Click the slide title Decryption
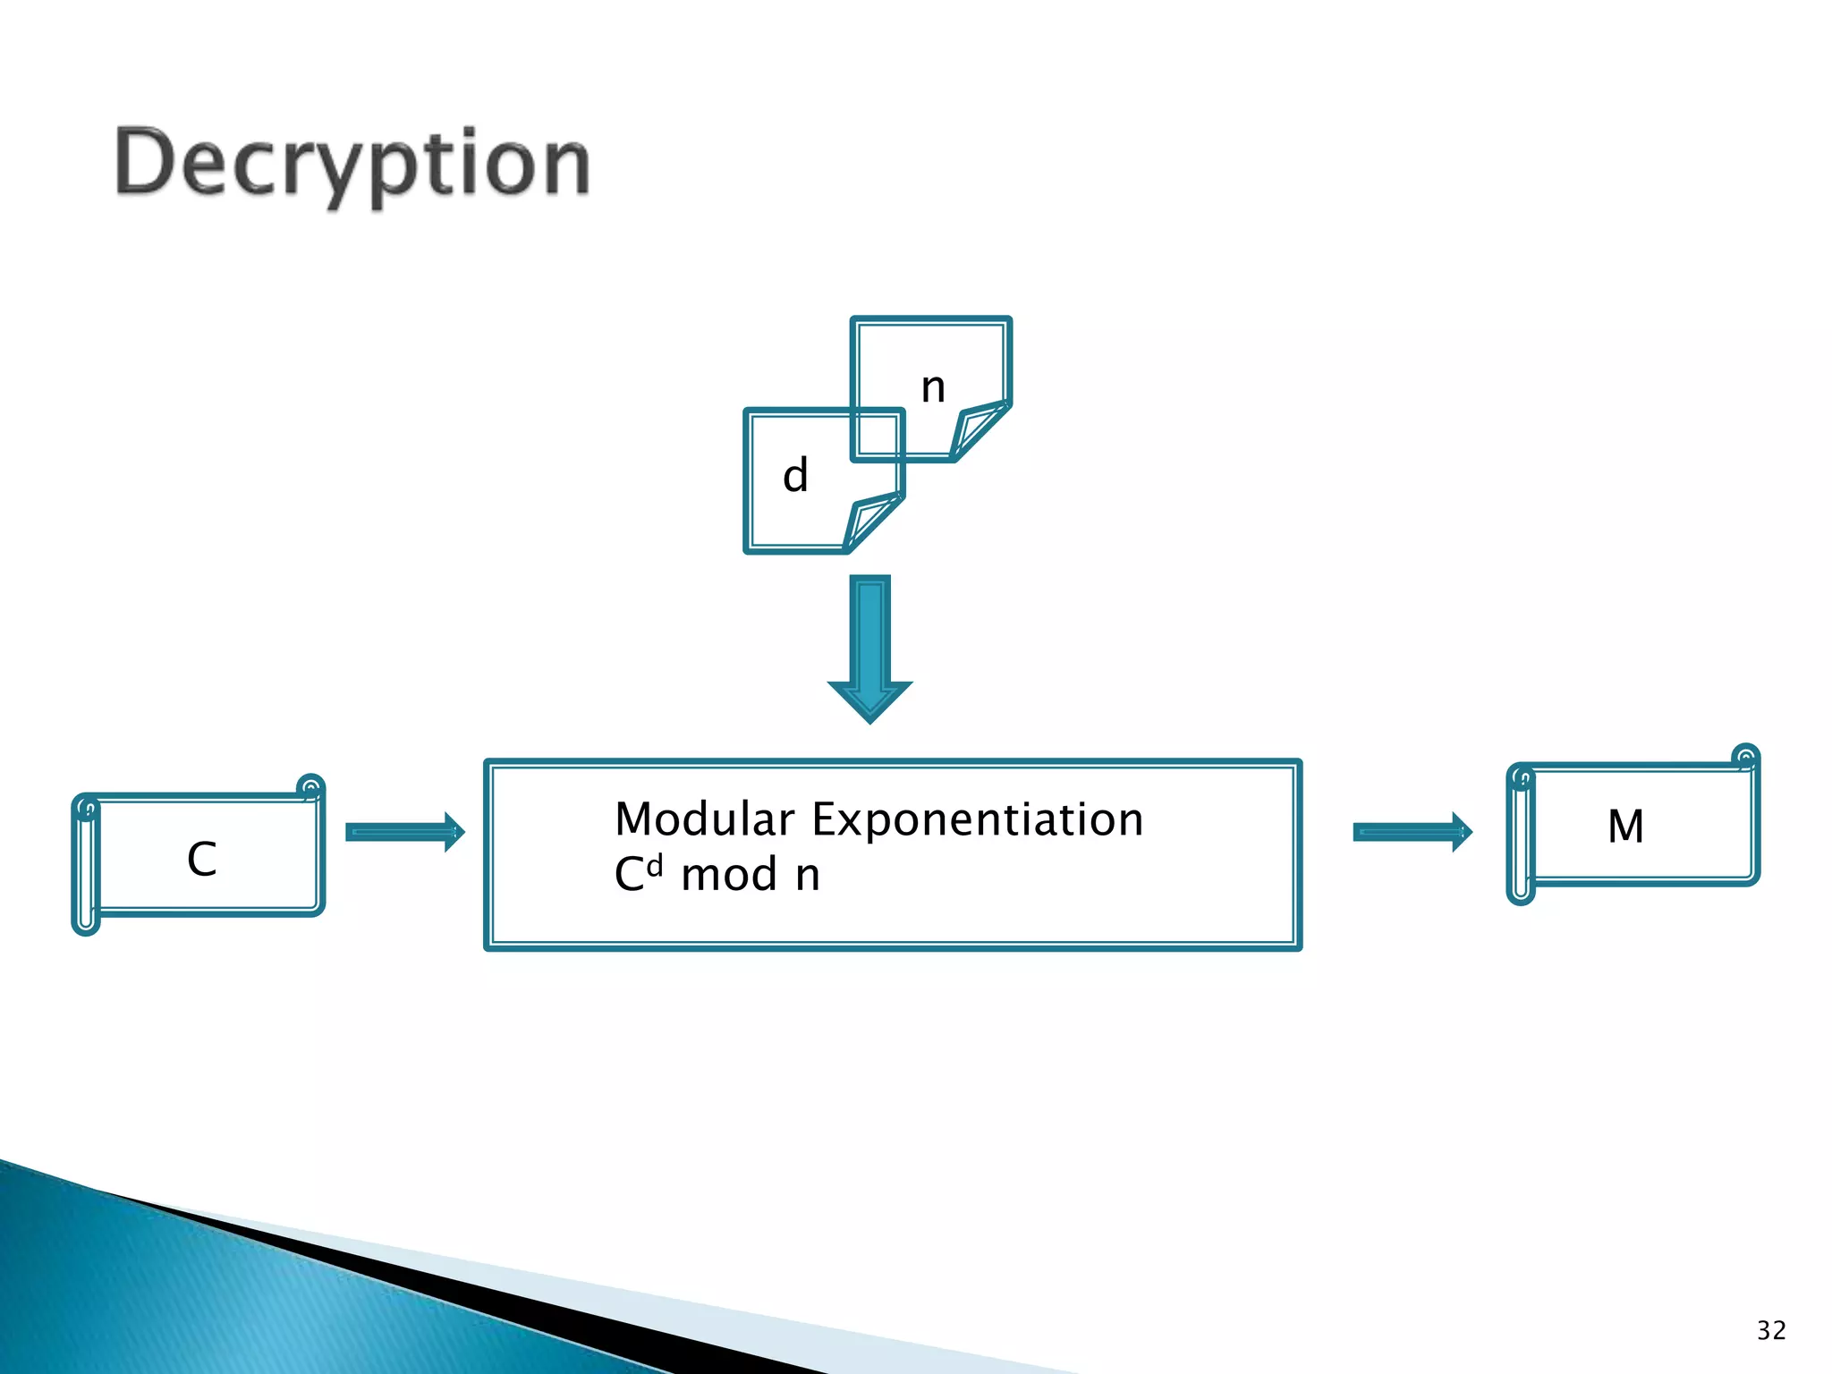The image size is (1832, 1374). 352,164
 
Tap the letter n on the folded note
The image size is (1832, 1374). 933,387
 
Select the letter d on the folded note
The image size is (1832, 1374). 795,475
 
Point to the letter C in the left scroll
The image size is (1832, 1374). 202,859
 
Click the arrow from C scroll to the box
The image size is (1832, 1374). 404,833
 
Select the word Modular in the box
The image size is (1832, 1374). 705,819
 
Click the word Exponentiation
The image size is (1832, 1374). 978,819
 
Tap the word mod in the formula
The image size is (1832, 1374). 729,875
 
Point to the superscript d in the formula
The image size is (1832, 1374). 655,865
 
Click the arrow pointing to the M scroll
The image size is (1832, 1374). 1412,833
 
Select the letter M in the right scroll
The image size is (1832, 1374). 1625,826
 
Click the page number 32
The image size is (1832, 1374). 1771,1330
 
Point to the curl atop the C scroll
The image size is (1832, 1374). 310,788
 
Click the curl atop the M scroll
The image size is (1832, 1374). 1745,758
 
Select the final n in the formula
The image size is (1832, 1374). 808,875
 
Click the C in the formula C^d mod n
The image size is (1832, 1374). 630,875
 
